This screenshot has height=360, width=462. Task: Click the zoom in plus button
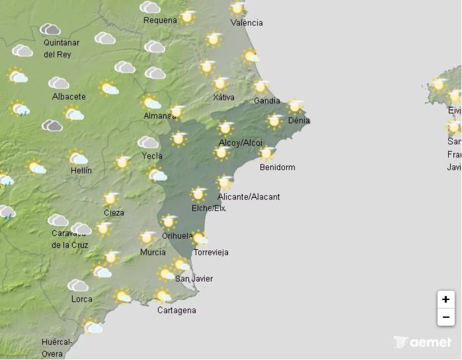[445, 299]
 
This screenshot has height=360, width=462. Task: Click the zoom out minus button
[445, 317]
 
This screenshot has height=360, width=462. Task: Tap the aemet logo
[422, 342]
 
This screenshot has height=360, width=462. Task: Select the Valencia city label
[246, 23]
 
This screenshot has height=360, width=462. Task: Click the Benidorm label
[277, 167]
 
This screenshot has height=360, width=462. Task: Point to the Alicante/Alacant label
[248, 197]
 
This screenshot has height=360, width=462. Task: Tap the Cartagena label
[177, 310]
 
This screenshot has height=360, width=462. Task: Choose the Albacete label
[69, 96]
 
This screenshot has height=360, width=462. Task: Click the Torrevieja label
[211, 252]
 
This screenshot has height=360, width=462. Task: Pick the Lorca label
[81, 299]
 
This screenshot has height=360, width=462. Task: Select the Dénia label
[299, 121]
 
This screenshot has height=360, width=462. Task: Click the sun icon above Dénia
[295, 106]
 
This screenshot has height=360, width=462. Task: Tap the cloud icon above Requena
[150, 7]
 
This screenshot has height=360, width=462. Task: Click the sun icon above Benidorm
[266, 153]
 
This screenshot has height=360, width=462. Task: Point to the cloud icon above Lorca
[78, 286]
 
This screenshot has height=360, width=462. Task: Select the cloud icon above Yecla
[148, 142]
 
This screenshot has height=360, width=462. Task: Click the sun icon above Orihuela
[168, 221]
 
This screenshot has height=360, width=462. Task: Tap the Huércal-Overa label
[56, 347]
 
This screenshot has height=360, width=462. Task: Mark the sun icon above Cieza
[110, 198]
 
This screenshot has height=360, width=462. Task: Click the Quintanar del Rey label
[61, 48]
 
